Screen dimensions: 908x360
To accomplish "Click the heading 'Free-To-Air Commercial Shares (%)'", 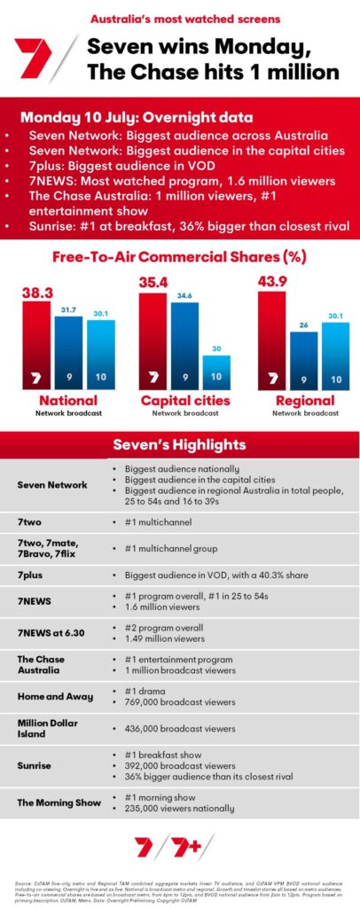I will [180, 258].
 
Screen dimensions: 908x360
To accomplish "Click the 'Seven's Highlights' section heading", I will [180, 443].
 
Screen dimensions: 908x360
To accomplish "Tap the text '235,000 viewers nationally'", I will [180, 809].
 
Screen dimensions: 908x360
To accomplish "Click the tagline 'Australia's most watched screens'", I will [180, 18].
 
